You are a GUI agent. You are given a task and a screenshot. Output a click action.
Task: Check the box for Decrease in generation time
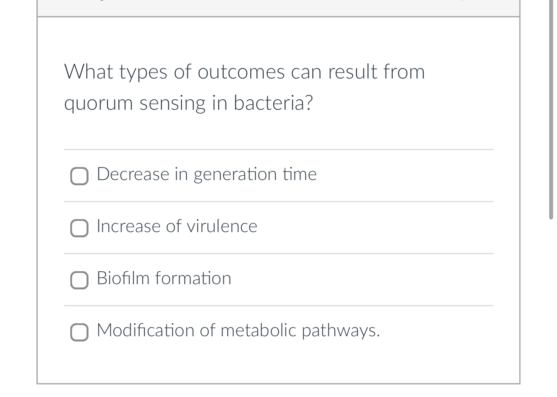(79, 176)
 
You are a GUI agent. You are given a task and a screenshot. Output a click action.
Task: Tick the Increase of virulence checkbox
(79, 228)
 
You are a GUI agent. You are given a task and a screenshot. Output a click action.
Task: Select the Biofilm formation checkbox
(79, 280)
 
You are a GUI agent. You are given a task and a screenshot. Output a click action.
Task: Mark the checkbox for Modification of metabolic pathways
(79, 332)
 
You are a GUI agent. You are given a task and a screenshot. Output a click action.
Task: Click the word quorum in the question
(98, 104)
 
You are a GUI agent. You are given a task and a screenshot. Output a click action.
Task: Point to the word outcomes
(241, 72)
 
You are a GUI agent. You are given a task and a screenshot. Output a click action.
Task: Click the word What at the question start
(88, 72)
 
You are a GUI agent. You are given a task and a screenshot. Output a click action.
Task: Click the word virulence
(222, 226)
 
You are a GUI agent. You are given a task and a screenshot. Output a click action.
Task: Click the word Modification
(145, 330)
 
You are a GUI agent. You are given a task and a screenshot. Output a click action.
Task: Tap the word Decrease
(133, 174)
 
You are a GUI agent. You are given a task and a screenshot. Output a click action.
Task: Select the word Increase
(128, 226)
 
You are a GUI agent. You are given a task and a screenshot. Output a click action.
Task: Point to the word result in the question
(353, 72)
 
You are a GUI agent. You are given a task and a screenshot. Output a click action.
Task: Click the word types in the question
(143, 72)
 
